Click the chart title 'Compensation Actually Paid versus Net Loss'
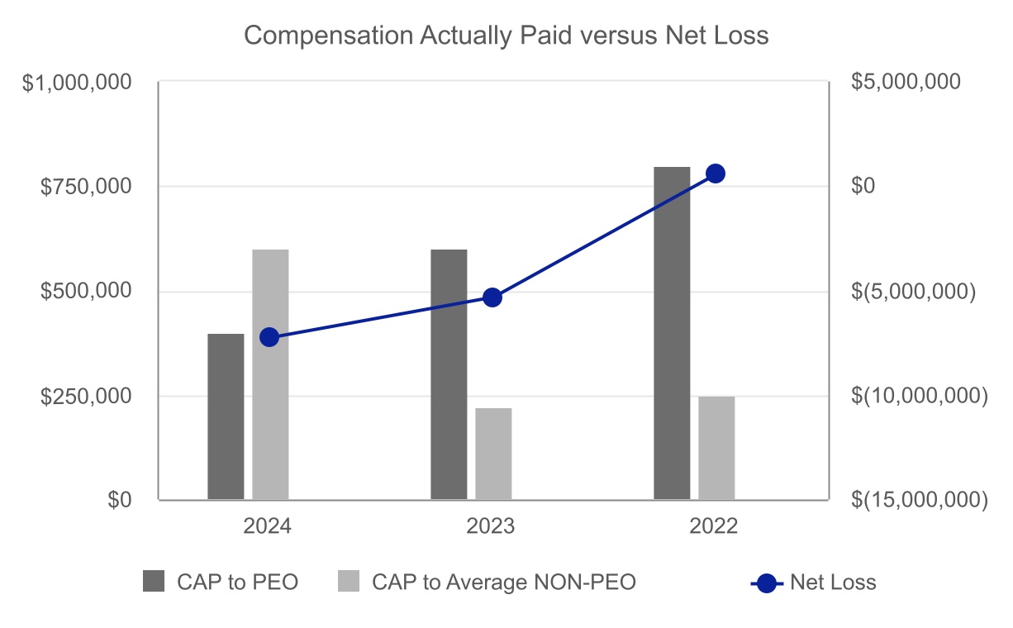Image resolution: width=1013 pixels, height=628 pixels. pos(506,36)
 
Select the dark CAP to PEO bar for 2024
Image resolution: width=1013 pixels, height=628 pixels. pos(226,416)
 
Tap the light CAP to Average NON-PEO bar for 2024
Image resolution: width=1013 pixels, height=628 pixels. pos(270,374)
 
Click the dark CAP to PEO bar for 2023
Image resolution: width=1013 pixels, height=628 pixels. pos(449,374)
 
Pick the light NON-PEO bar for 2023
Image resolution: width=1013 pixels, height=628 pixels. pos(493,454)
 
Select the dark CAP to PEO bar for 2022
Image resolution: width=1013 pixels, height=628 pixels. pos(672,333)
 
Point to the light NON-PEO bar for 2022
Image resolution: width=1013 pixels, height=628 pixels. pos(716,448)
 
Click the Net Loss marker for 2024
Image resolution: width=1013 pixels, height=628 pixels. pos(269,337)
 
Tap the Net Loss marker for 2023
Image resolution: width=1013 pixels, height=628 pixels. pos(492,297)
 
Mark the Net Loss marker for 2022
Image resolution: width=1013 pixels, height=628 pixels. pos(716,174)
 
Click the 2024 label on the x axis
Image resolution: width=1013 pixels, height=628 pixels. pos(267,527)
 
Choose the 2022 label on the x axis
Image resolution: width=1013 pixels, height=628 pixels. pos(714,527)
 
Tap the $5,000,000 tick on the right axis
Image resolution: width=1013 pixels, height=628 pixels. pos(906,82)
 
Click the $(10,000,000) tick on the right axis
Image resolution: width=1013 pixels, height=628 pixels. pos(919,396)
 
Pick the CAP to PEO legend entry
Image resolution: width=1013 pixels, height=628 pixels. pos(220,582)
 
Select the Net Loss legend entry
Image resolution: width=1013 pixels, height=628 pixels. pos(814,582)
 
